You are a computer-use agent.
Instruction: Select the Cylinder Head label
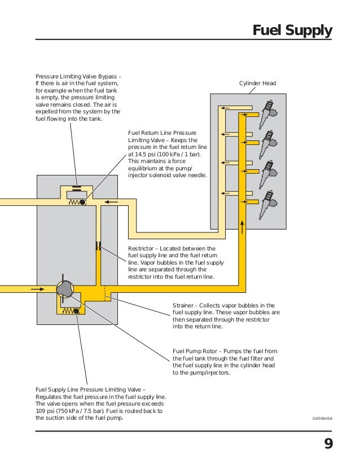click(x=257, y=83)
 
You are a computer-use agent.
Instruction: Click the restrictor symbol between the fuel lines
click(x=98, y=246)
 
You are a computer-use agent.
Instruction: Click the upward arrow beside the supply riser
click(x=243, y=227)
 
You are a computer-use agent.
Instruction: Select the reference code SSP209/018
click(x=322, y=419)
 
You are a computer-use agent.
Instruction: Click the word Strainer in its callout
click(x=183, y=306)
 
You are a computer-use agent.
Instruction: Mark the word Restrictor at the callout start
click(x=141, y=248)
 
